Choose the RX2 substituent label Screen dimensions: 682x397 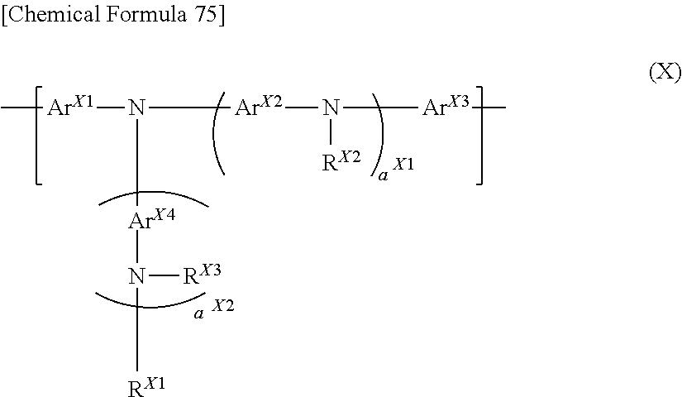341,161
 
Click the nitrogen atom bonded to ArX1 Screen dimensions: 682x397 136,107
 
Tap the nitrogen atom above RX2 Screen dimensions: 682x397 331,107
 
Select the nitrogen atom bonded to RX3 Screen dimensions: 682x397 136,276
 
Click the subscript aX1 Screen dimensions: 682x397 396,169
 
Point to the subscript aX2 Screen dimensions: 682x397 214,309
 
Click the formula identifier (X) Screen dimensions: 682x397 665,72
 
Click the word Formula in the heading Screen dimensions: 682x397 145,14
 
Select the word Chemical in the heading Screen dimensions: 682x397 54,14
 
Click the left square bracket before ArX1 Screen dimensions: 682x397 38,136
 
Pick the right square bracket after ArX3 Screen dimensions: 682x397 479,136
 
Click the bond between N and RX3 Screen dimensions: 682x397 164,275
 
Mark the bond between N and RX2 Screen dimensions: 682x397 331,131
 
